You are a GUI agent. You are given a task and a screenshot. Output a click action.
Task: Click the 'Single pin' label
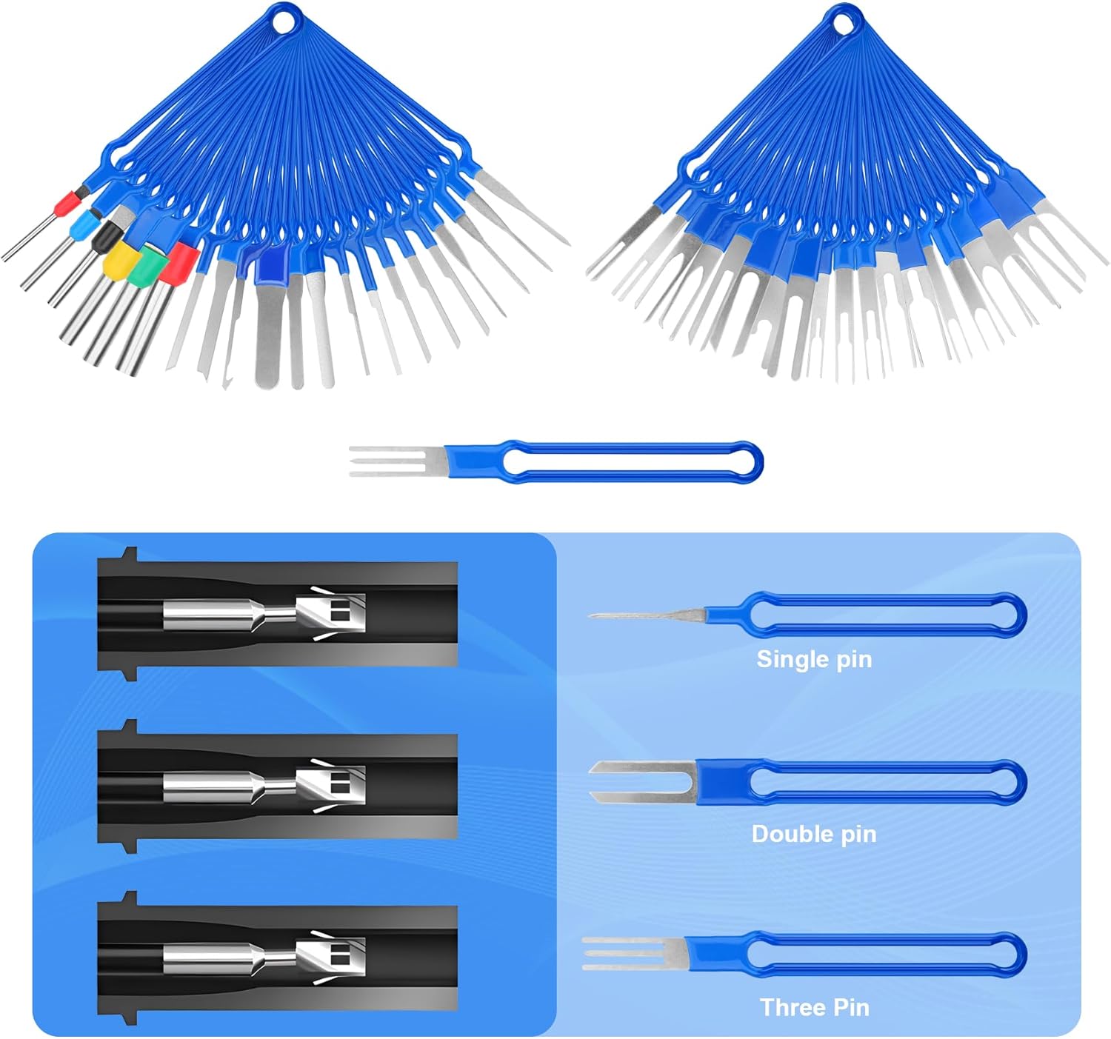point(814,659)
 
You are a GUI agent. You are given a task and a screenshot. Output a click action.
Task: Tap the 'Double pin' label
point(814,834)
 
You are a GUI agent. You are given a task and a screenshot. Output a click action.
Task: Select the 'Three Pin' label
point(814,1007)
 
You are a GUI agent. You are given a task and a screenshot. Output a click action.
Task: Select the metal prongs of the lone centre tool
point(393,461)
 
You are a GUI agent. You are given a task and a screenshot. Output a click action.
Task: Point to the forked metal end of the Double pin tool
point(637,783)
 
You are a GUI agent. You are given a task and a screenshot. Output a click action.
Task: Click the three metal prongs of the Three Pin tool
point(630,953)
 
